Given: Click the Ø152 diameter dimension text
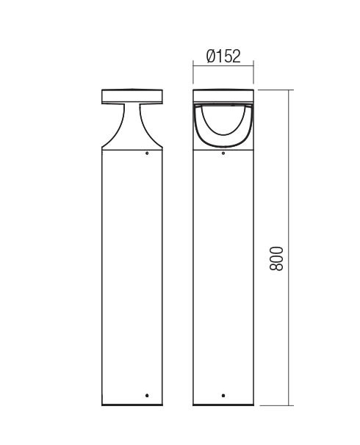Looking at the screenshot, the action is pyautogui.click(x=223, y=57).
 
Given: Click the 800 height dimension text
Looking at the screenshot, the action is pyautogui.click(x=276, y=258).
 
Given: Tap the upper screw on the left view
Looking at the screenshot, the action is pyautogui.click(x=147, y=153).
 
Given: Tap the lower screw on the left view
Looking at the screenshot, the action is pyautogui.click(x=147, y=395).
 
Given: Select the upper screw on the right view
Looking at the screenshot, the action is pyautogui.click(x=223, y=153).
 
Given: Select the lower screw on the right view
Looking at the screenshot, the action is pyautogui.click(x=223, y=395).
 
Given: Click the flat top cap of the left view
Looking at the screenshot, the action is pyautogui.click(x=132, y=96).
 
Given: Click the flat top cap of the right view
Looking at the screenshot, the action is pyautogui.click(x=223, y=96).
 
